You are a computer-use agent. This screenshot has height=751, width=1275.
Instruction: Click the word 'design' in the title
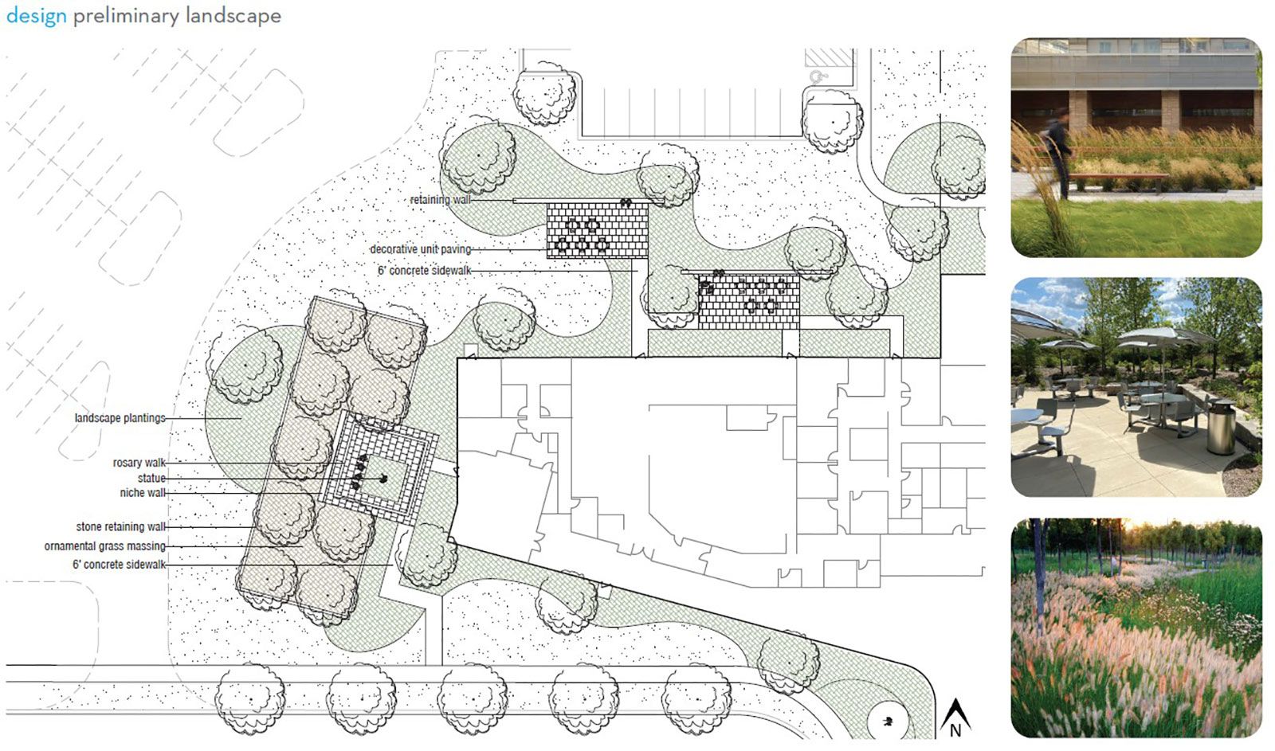[37, 15]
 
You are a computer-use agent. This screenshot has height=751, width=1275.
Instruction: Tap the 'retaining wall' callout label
[441, 200]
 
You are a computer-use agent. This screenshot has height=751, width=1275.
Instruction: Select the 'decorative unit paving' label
[421, 249]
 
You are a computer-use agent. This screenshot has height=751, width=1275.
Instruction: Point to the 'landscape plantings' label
[120, 418]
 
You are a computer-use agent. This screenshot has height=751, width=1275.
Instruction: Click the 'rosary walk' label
[139, 463]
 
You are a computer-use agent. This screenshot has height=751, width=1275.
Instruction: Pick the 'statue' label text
[151, 478]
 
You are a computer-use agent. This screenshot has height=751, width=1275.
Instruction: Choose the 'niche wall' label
[143, 493]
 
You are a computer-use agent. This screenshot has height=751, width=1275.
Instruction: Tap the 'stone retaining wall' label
[120, 527]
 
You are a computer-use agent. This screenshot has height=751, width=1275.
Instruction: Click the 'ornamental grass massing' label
[104, 546]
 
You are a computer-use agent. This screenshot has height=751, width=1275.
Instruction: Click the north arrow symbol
[955, 718]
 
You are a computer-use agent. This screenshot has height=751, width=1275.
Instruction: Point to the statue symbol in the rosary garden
[383, 479]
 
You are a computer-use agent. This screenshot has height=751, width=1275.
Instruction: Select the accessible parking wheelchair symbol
[818, 76]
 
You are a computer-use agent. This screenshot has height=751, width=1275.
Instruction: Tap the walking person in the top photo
[1057, 154]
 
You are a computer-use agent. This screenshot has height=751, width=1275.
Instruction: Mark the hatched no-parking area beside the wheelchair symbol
[829, 57]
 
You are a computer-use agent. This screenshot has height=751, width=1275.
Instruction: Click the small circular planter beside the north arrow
[887, 722]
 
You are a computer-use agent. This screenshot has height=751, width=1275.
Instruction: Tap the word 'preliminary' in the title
[126, 16]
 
